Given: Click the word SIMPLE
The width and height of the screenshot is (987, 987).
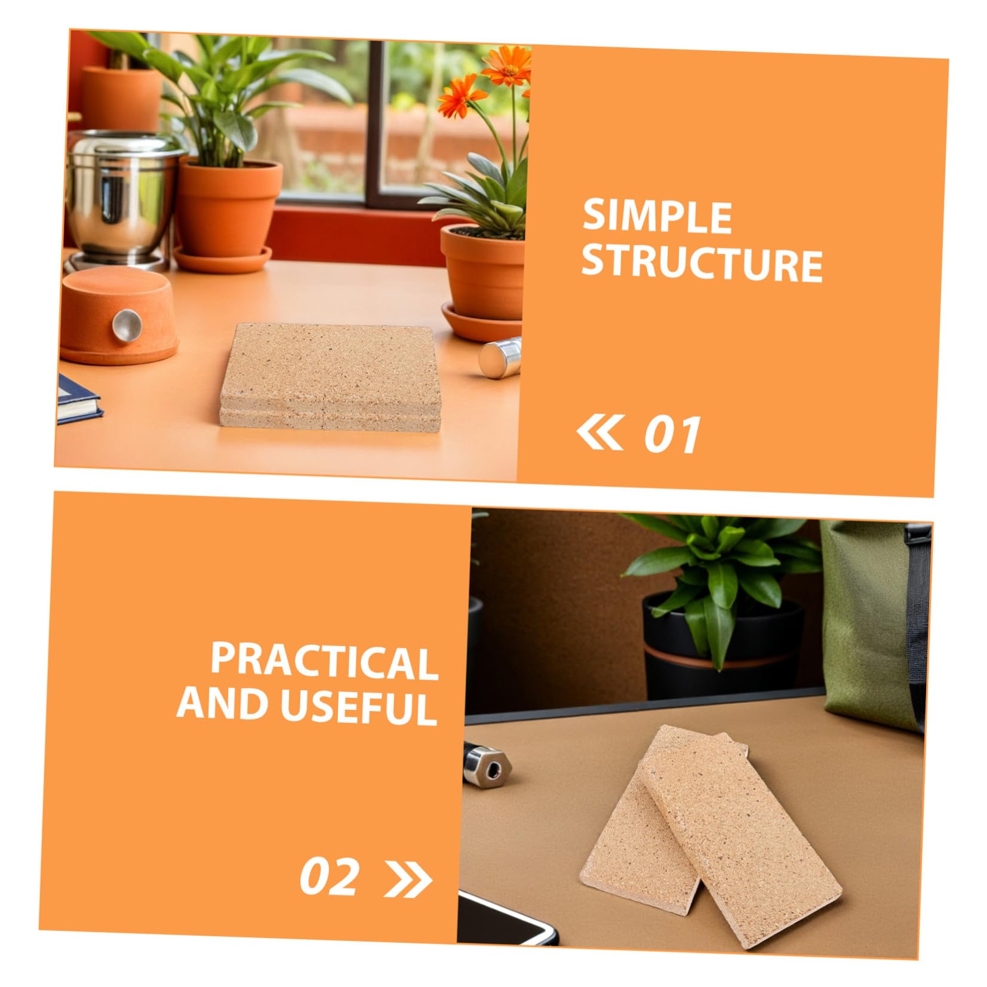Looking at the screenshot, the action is [x=657, y=216].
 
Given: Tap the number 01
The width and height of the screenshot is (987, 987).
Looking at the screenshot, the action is [x=672, y=435].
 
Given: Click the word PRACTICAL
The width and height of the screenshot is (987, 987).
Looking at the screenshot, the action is [x=324, y=662].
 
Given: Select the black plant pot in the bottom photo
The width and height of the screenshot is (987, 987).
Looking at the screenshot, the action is [x=722, y=648].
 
